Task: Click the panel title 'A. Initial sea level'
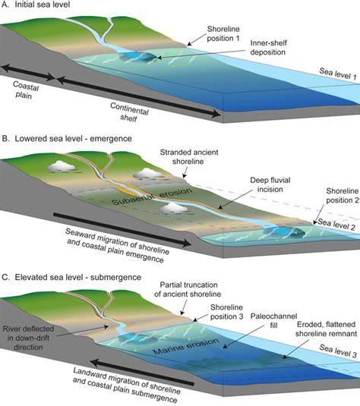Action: (36, 5)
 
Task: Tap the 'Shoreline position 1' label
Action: (223, 33)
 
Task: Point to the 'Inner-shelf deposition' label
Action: (268, 47)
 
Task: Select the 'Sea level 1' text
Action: (338, 74)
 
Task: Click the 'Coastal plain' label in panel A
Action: (24, 90)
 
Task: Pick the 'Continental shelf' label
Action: (129, 112)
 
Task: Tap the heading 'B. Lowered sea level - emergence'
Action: (67, 139)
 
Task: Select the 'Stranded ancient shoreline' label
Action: (189, 157)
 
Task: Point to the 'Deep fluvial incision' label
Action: (270, 184)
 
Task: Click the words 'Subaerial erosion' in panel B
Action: (152, 197)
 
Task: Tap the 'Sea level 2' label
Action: (336, 224)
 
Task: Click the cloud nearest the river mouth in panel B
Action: (174, 208)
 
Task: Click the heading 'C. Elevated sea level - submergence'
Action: (71, 277)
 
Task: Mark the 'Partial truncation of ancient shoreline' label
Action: (188, 289)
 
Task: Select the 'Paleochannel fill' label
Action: (273, 320)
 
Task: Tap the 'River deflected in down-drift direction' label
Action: (28, 338)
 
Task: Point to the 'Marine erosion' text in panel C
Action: (186, 346)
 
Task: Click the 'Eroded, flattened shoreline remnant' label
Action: (326, 329)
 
